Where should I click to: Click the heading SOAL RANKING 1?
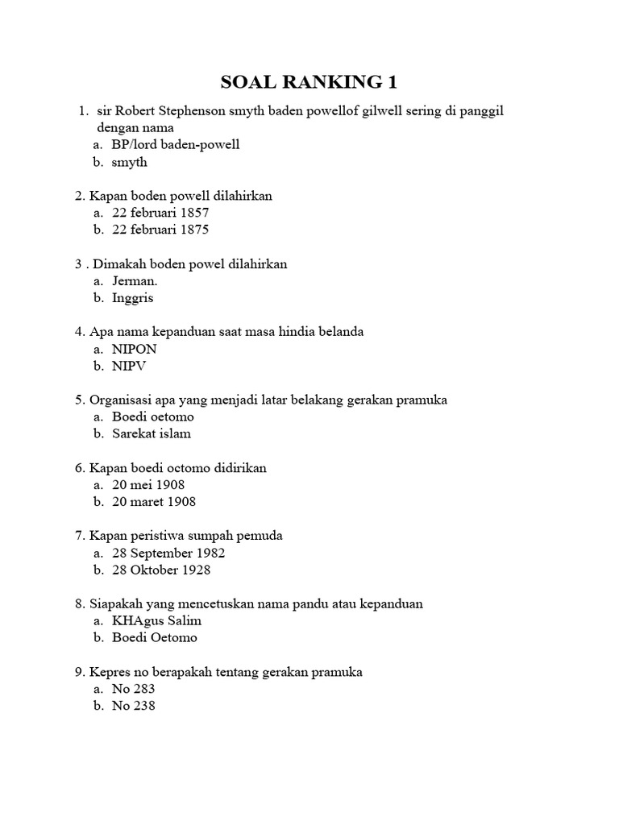(x=309, y=82)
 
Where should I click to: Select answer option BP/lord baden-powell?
(x=176, y=145)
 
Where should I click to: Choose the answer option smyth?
(x=130, y=162)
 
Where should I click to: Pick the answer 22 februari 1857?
(x=160, y=213)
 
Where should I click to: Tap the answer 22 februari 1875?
(x=160, y=230)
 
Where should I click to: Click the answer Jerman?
(x=135, y=280)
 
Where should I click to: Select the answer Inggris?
(x=133, y=297)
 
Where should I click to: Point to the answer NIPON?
(x=135, y=349)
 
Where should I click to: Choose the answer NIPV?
(x=130, y=366)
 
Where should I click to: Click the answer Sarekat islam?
(x=152, y=433)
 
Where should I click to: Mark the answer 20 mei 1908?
(x=148, y=485)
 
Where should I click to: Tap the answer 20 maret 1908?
(x=154, y=502)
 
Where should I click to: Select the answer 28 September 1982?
(x=168, y=553)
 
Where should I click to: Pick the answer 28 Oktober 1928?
(x=161, y=570)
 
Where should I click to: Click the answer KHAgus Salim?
(x=157, y=621)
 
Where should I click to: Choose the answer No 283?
(x=134, y=689)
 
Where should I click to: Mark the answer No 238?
(x=134, y=706)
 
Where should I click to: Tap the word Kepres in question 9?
(x=109, y=672)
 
